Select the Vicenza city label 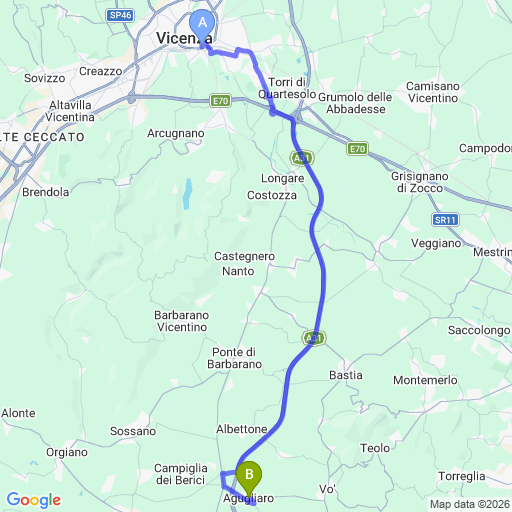pos(183,39)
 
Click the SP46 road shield pos(121,15)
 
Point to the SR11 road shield pos(445,219)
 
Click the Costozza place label pos(272,195)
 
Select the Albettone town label pos(241,429)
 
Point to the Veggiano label pos(437,243)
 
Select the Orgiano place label pos(67,452)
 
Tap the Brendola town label pos(45,191)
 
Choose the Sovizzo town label pos(44,77)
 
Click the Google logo pos(34,499)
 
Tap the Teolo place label pos(375,448)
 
